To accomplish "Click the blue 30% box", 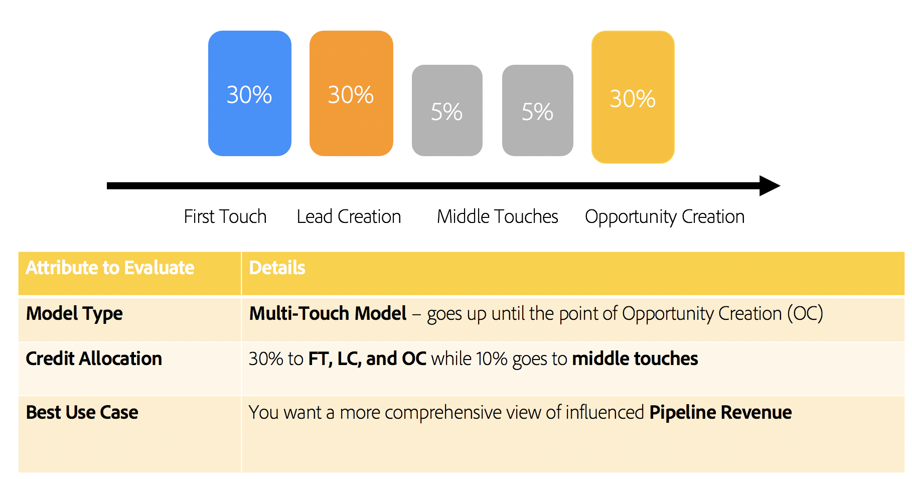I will tap(249, 93).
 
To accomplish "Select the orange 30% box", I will tap(351, 93).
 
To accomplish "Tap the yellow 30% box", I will tap(633, 97).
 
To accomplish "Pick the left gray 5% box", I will tap(447, 110).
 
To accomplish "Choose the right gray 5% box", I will tap(537, 110).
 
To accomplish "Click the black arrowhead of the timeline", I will tap(770, 186).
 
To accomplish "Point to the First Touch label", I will tap(225, 216).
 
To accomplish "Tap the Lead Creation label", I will tap(349, 216).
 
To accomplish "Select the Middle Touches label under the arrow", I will tap(497, 216).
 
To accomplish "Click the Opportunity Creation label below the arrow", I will tap(665, 216).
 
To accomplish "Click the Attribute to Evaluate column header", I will tap(110, 268).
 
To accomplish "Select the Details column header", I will tap(277, 268).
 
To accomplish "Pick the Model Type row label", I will tap(74, 313).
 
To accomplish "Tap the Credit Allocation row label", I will tap(94, 358).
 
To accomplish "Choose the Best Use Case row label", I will tap(82, 412).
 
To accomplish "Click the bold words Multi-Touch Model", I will tap(328, 313).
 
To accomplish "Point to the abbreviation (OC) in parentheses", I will tap(805, 313).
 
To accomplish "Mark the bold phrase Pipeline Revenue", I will tap(720, 412).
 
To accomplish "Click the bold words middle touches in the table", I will tap(635, 358).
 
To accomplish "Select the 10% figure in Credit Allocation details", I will tap(492, 358).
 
